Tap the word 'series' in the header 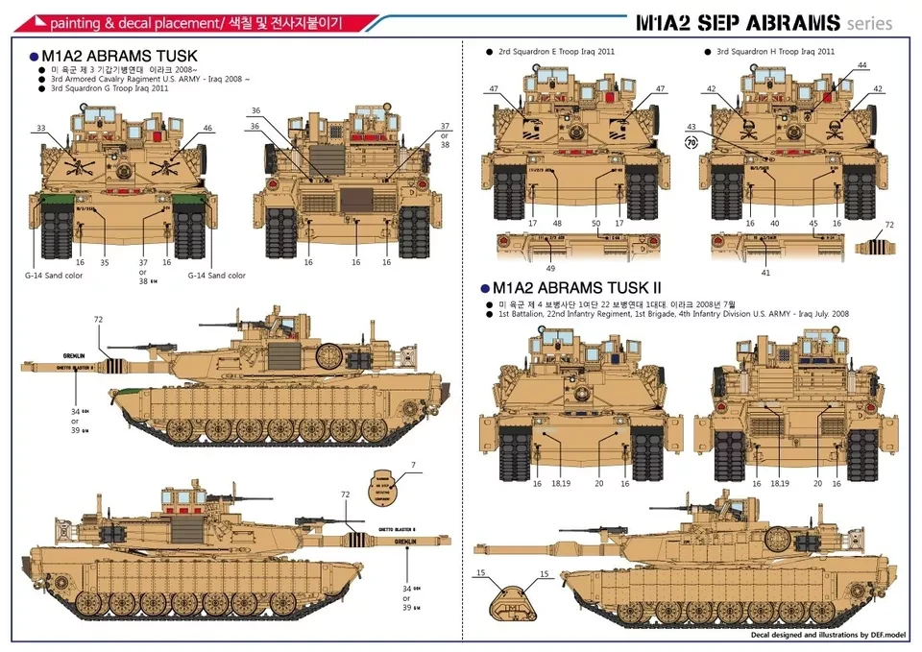pyautogui.click(x=870, y=23)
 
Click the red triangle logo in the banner pyautogui.click(x=36, y=20)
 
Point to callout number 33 pyautogui.click(x=40, y=128)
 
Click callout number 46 pyautogui.click(x=207, y=128)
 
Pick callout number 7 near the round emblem pyautogui.click(x=413, y=466)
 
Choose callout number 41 pyautogui.click(x=765, y=272)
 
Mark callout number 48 pyautogui.click(x=557, y=223)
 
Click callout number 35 pyautogui.click(x=105, y=261)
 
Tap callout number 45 pyautogui.click(x=813, y=223)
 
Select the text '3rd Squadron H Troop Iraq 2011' pyautogui.click(x=775, y=51)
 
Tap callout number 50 pyautogui.click(x=595, y=223)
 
